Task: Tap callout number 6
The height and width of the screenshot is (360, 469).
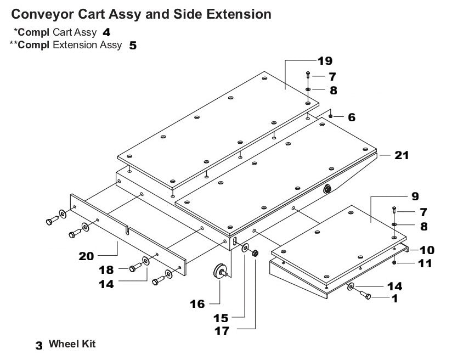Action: pos(351,117)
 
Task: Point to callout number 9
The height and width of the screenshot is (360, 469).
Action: pos(415,195)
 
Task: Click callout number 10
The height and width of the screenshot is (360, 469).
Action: pos(427,250)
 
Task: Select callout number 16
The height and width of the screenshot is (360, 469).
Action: pos(197,303)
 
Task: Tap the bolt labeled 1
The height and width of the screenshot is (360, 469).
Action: pos(365,296)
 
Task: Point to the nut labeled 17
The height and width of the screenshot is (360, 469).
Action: pos(255,254)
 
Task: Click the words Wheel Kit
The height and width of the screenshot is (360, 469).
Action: pos(72,344)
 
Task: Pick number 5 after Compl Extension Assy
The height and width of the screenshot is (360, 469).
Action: pos(133,46)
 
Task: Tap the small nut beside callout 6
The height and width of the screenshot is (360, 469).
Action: pos(332,117)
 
